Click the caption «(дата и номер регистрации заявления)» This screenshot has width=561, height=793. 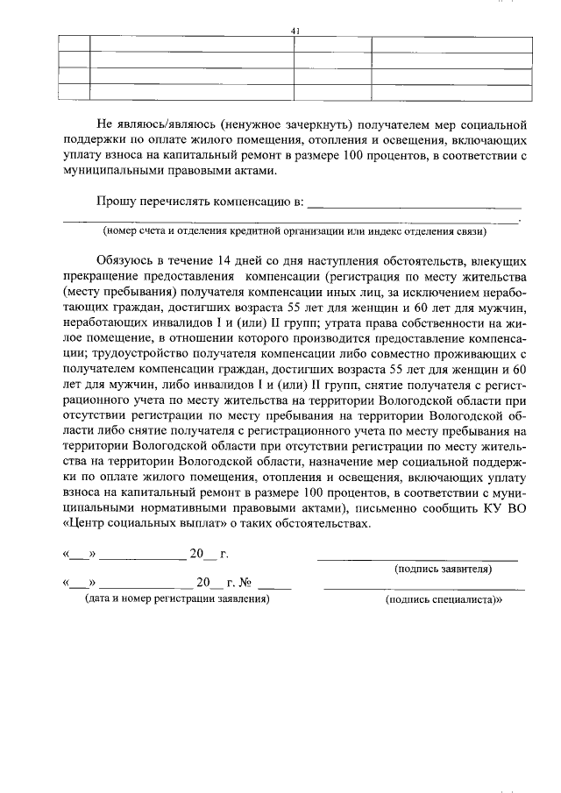[176, 599]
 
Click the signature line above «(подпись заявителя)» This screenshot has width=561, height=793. [417, 558]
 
